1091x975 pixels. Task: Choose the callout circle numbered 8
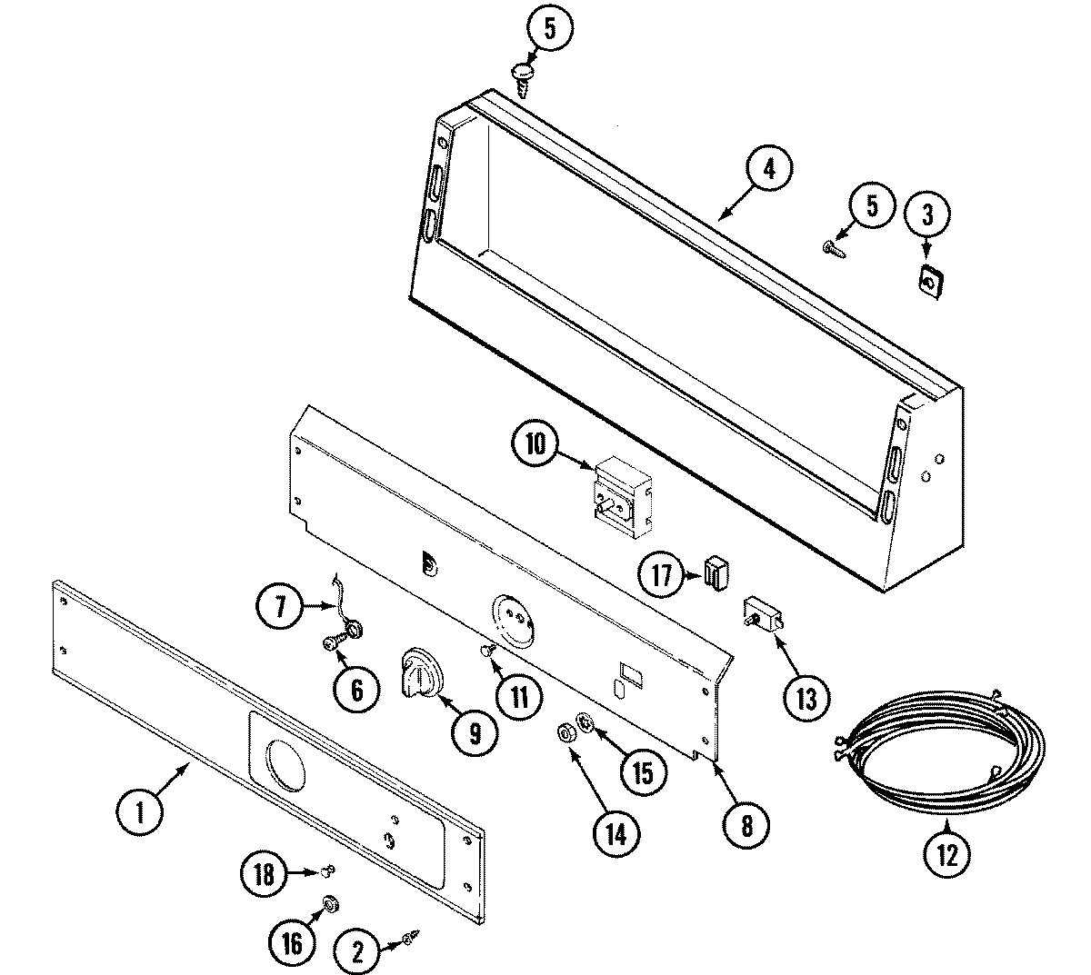pyautogui.click(x=746, y=825)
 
